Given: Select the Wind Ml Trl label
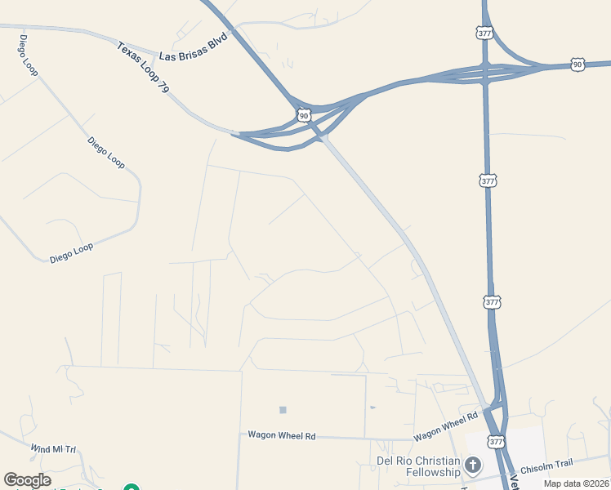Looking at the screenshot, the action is coord(53,449).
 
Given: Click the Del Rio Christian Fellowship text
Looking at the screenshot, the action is coord(417,466).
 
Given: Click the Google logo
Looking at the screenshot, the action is coord(28,480).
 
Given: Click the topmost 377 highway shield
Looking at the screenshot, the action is coord(484,33).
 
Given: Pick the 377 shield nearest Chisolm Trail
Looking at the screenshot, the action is coord(496,442).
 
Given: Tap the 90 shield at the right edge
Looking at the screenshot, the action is coord(578,64).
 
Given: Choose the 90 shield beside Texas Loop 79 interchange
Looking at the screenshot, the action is coord(304,116).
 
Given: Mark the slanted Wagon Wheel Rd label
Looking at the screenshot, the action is coord(445,425).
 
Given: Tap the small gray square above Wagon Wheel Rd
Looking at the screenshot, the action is coord(283,410).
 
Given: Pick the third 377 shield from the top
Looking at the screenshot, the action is coord(492,302).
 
